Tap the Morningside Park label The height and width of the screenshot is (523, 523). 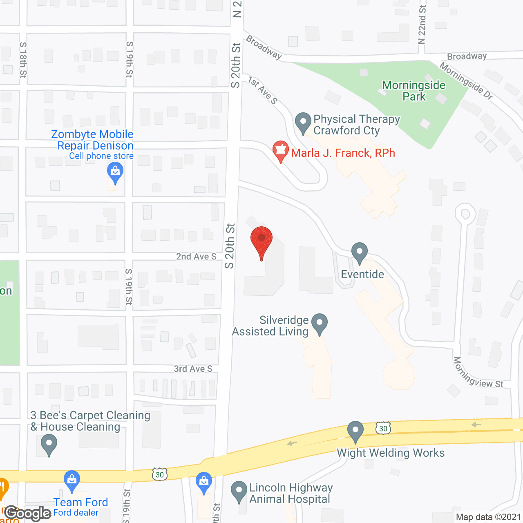tap(413, 91)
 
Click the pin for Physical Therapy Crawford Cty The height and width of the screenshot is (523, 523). tap(303, 122)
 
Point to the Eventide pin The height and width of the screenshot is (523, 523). tap(359, 252)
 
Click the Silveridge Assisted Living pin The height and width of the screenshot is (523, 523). tap(320, 323)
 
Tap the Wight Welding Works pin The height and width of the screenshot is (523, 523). tap(355, 431)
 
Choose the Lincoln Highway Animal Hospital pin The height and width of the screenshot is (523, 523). tap(239, 491)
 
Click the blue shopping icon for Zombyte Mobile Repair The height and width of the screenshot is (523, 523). tap(115, 172)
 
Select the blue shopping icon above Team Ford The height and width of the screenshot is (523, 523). tap(72, 481)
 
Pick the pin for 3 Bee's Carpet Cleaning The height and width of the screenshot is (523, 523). tap(49, 444)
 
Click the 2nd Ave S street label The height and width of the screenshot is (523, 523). tap(196, 257)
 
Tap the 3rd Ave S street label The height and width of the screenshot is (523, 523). tap(193, 369)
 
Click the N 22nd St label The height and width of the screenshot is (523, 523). tap(422, 25)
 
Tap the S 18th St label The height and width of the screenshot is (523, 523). tap(23, 60)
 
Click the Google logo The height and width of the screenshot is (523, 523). tap(28, 513)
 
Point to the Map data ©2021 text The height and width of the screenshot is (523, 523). tap(488, 517)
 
